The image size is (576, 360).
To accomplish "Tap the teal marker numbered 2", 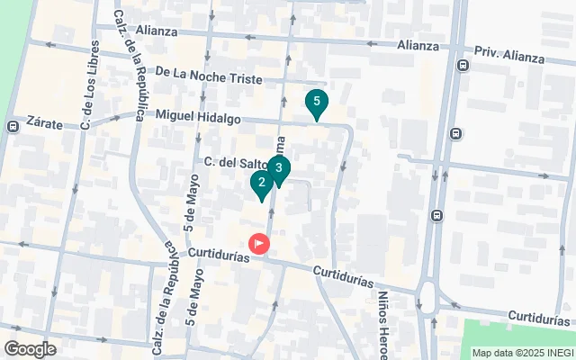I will pyautogui.click(x=261, y=184).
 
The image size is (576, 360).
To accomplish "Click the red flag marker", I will pyautogui.click(x=260, y=243).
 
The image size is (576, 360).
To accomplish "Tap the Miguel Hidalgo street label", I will pyautogui.click(x=198, y=116).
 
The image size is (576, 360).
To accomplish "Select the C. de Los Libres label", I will pyautogui.click(x=87, y=84).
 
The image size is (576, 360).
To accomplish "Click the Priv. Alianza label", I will pyautogui.click(x=509, y=57).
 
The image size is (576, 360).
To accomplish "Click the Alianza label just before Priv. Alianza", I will pyautogui.click(x=418, y=45).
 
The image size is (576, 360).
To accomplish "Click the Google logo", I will pyautogui.click(x=31, y=349).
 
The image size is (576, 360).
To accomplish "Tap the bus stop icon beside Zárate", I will pyautogui.click(x=12, y=127).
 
